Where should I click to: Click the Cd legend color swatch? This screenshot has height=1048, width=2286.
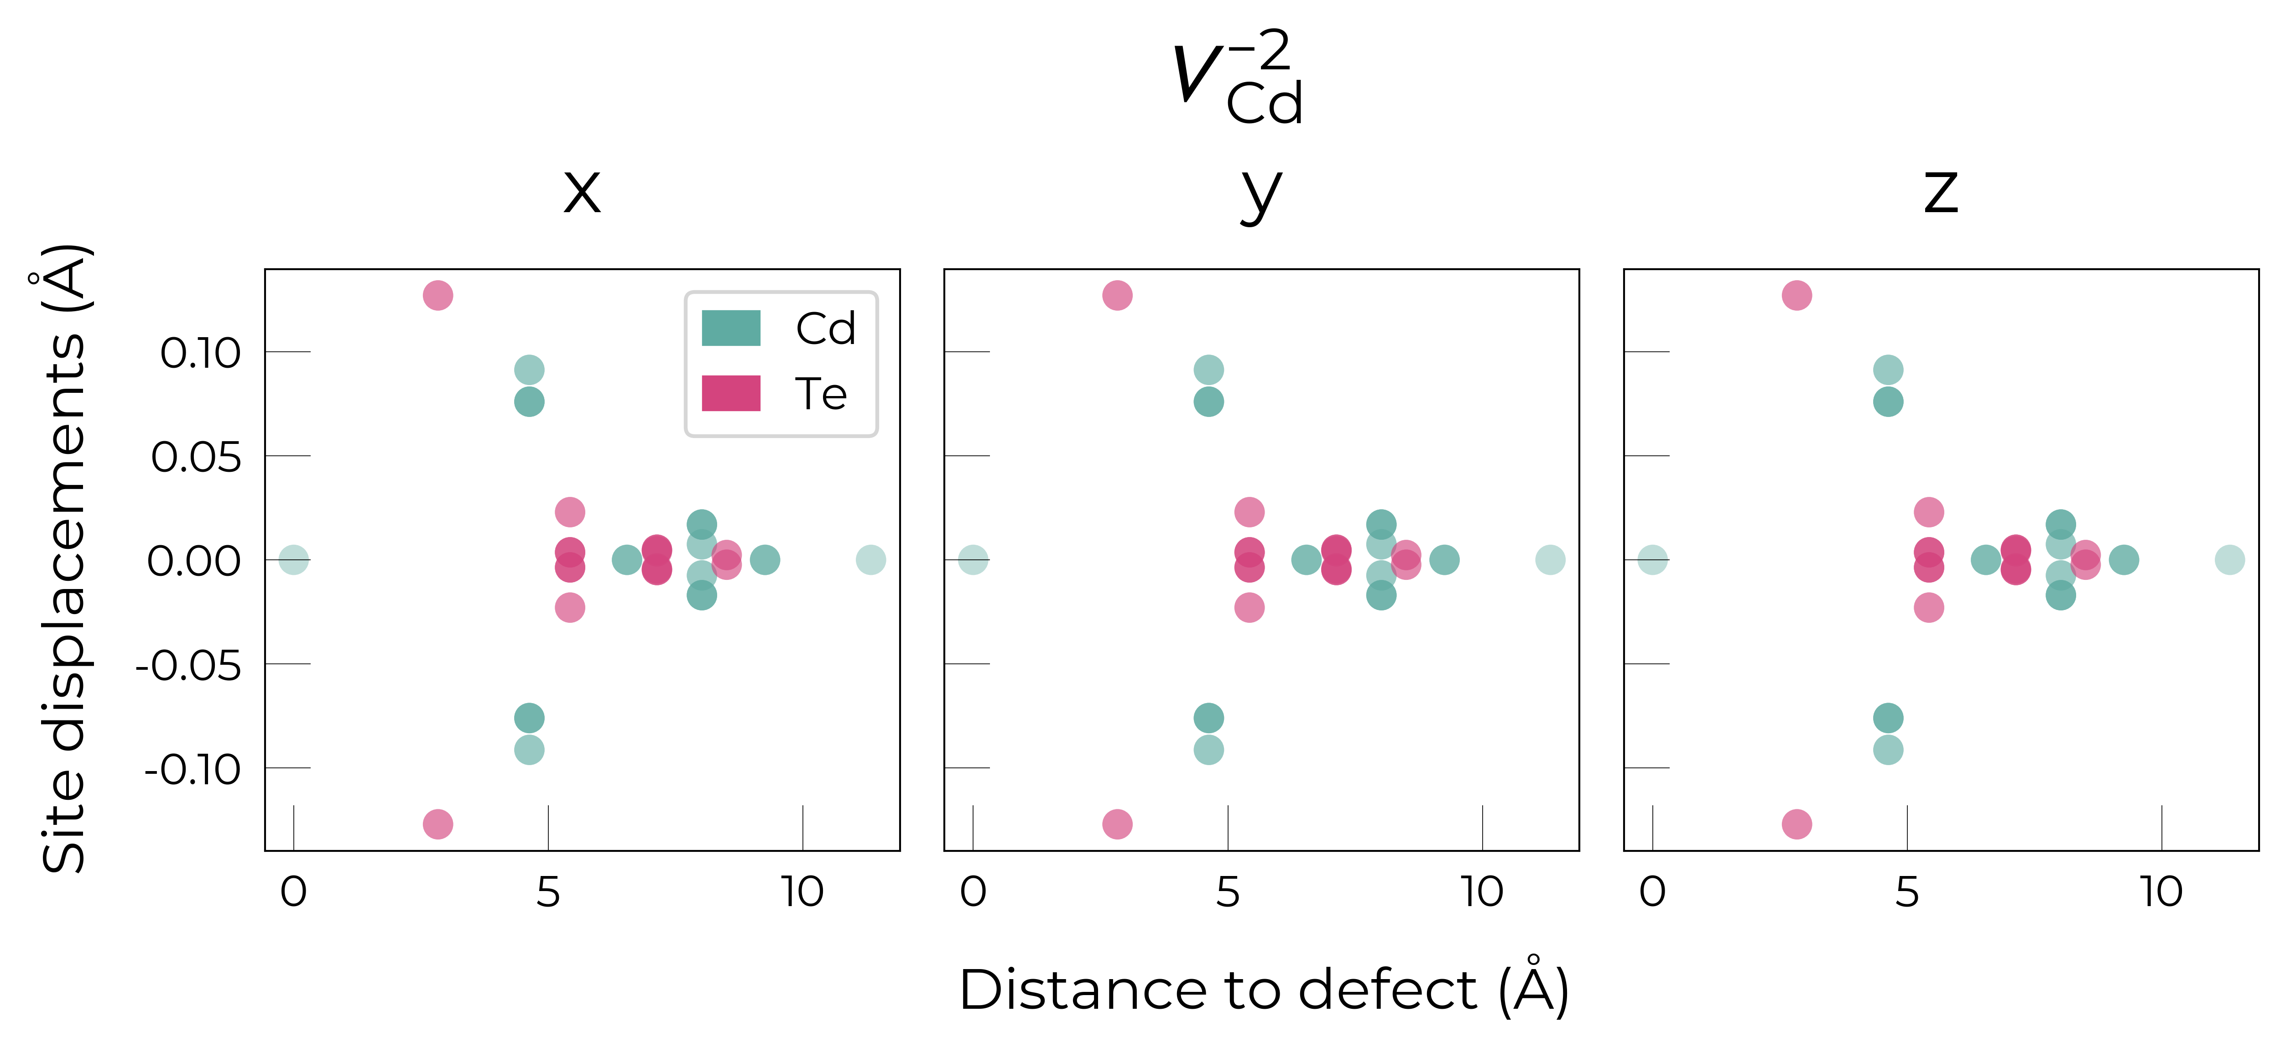(x=731, y=328)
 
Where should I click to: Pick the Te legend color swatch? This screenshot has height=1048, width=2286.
(x=731, y=393)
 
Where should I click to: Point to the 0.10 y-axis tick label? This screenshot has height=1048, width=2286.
(x=201, y=353)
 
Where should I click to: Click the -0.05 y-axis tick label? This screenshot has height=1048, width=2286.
(x=188, y=666)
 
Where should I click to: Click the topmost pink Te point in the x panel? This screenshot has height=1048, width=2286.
(x=437, y=295)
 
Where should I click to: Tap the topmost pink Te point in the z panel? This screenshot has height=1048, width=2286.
(x=1797, y=295)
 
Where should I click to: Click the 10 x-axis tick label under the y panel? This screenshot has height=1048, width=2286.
(x=1482, y=892)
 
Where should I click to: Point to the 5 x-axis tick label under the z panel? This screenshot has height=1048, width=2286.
(x=1907, y=892)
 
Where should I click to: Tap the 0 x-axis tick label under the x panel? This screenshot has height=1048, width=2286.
(x=294, y=892)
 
